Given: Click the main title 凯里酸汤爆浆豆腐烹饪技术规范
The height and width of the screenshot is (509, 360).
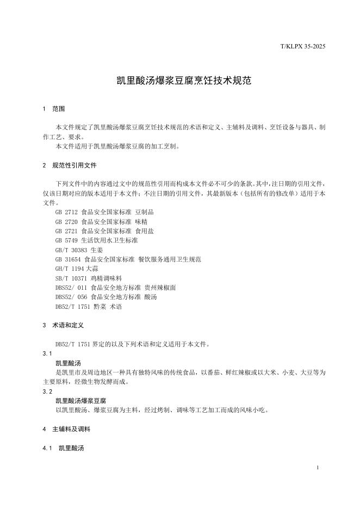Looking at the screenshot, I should [x=179, y=80].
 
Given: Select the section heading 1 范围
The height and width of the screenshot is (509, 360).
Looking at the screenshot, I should [x=54, y=109].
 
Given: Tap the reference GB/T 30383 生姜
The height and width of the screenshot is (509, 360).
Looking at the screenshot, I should [x=79, y=250].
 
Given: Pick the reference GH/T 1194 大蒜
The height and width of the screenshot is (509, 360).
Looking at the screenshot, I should [x=77, y=269].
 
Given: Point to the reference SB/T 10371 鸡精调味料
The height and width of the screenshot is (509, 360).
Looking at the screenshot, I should [x=84, y=278].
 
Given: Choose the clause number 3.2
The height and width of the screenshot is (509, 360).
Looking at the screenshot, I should [x=47, y=391].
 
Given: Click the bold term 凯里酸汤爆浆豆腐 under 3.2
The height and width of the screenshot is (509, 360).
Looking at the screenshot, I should [x=80, y=400].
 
